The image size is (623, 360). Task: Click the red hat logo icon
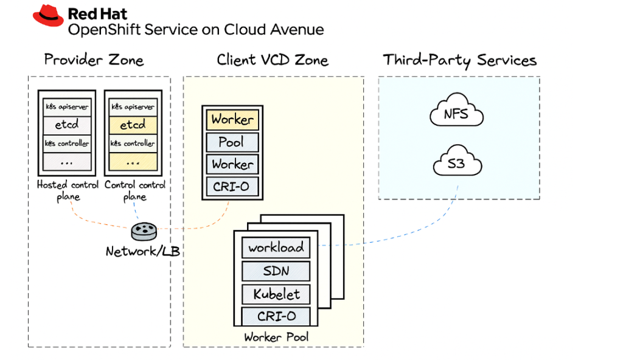tap(48, 16)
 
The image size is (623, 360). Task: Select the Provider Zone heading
tap(94, 60)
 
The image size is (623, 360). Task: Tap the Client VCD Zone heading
tap(273, 60)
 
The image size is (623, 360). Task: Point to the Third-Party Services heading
tap(459, 60)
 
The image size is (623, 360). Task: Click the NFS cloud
tap(456, 113)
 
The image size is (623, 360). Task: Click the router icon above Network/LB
tap(144, 231)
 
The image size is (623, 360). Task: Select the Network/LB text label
tap(143, 251)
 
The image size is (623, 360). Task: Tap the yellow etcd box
tap(133, 125)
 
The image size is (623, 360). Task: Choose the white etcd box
tap(67, 125)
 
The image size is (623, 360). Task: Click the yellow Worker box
tap(232, 119)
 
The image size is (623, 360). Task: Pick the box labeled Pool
tap(232, 142)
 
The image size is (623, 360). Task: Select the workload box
tap(276, 248)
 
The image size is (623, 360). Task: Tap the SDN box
tap(276, 271)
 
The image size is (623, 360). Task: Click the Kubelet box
tap(276, 294)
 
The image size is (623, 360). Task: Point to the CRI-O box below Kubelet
tap(276, 316)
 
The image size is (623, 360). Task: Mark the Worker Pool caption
tap(276, 337)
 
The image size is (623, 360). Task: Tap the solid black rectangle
tap(520, 271)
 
